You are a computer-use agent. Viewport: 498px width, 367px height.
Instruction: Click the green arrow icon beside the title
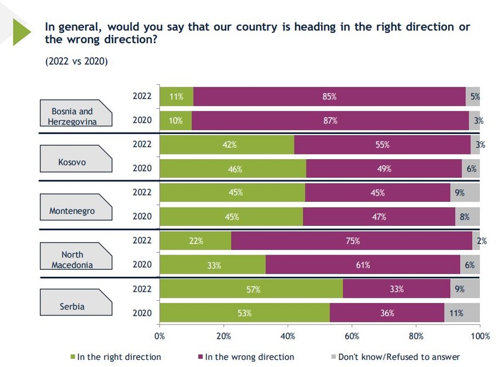click(x=21, y=31)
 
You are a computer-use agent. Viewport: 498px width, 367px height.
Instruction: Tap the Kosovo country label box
click(x=72, y=162)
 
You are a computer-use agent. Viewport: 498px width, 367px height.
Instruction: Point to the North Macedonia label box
click(x=72, y=259)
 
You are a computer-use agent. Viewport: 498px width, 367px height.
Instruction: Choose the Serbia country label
click(x=72, y=306)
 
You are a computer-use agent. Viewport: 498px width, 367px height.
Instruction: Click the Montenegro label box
click(x=72, y=211)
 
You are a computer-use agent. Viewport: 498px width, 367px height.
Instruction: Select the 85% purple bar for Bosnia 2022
click(x=329, y=96)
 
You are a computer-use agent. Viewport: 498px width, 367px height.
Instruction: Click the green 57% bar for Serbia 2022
click(x=251, y=289)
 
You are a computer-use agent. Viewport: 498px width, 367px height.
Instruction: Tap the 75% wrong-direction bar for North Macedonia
click(x=352, y=241)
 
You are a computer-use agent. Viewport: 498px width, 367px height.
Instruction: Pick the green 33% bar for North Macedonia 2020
click(x=213, y=265)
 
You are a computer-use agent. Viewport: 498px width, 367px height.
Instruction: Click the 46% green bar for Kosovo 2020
click(x=233, y=169)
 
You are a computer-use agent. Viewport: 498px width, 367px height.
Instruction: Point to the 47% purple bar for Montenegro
click(x=379, y=217)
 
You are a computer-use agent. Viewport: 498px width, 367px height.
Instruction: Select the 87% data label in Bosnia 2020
click(x=330, y=121)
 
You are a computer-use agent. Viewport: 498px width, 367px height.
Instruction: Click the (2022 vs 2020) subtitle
click(x=77, y=61)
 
